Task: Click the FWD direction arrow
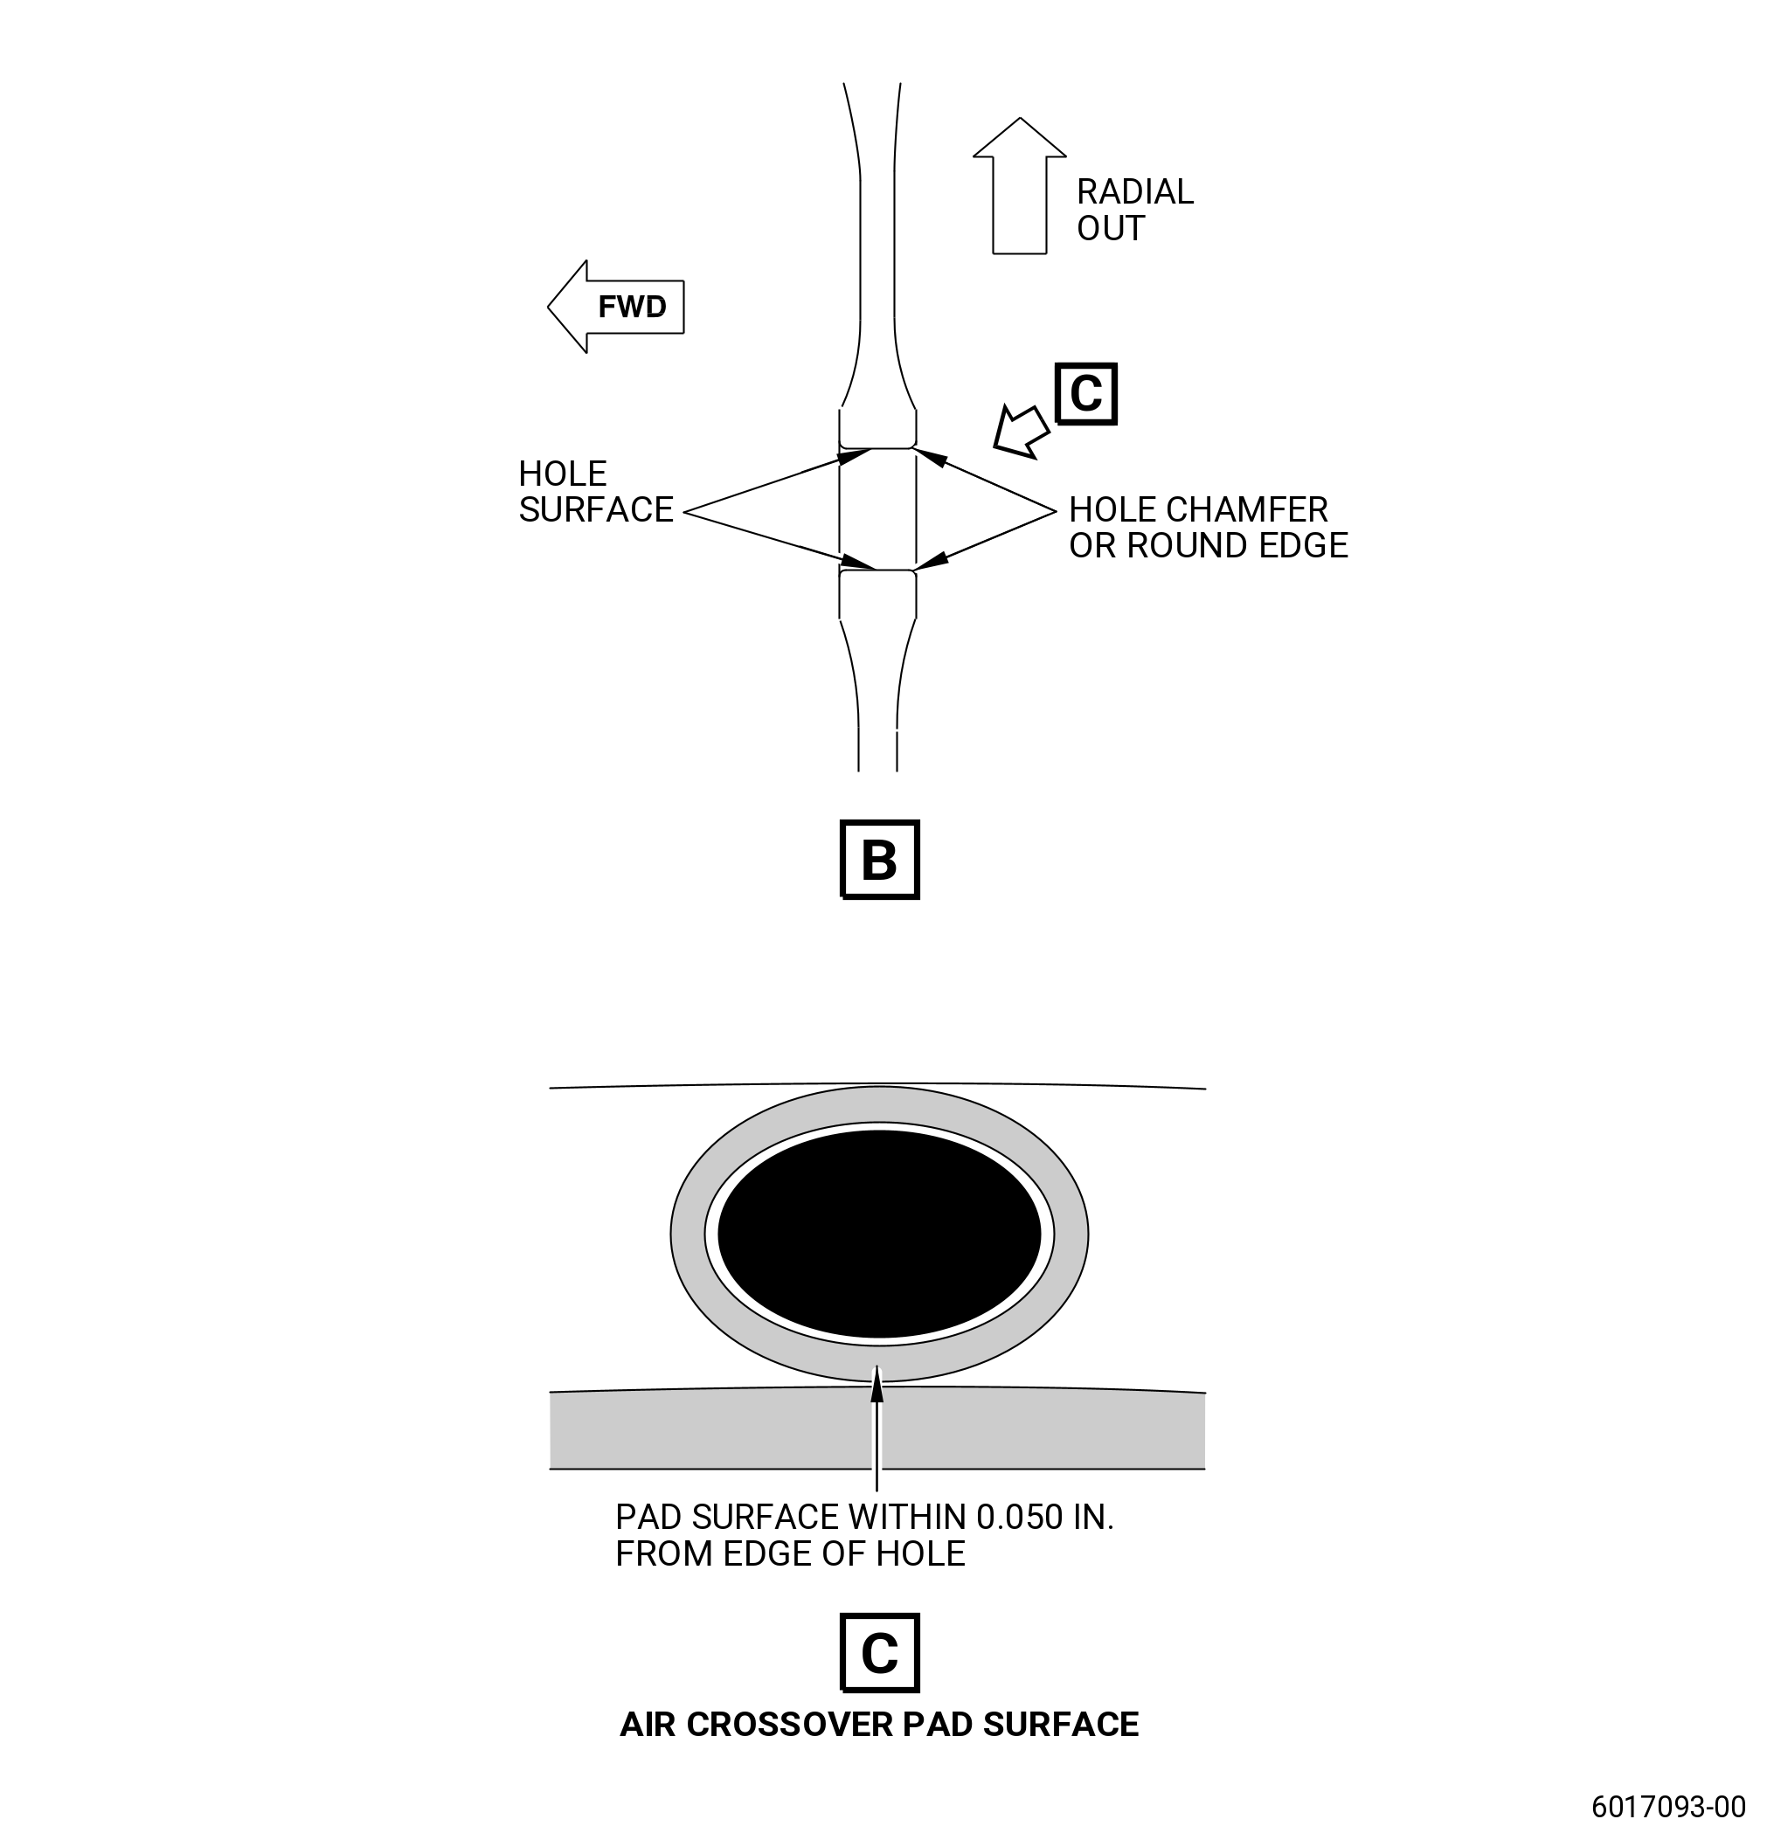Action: (x=615, y=307)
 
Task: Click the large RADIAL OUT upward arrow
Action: (x=1020, y=185)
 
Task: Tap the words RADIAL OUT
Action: (x=1134, y=210)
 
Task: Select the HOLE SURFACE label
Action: (x=596, y=492)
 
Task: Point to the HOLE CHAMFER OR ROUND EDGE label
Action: (x=1209, y=528)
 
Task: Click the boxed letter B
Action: (x=880, y=860)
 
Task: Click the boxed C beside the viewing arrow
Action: (x=1086, y=394)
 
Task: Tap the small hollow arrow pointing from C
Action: (x=1021, y=431)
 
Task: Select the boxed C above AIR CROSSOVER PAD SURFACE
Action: (x=880, y=1652)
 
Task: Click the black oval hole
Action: (x=879, y=1234)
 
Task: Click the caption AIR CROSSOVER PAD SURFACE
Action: (x=879, y=1725)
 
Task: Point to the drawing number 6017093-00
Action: (x=1669, y=1806)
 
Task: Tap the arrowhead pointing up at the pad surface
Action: (x=877, y=1384)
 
